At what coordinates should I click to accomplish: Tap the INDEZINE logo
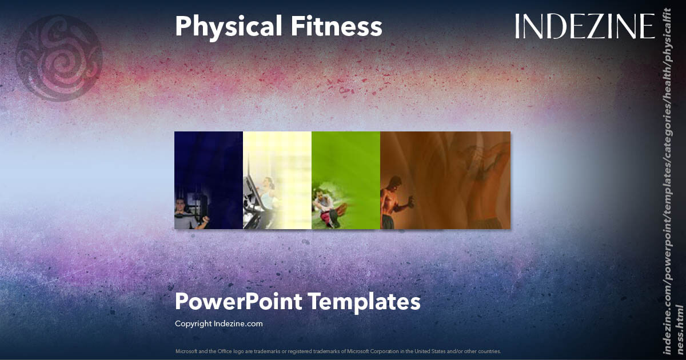click(584, 27)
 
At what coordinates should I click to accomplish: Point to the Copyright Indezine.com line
click(218, 323)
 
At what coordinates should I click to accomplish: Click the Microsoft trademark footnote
click(338, 351)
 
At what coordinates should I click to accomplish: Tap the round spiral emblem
click(59, 57)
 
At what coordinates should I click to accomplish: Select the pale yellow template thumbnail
click(277, 166)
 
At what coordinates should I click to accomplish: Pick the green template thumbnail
click(346, 166)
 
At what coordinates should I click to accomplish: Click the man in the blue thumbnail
click(186, 214)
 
